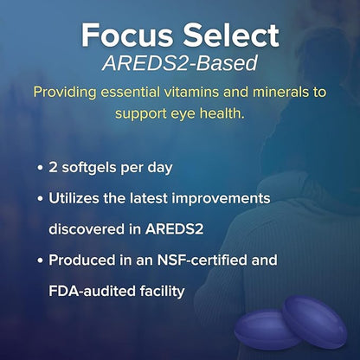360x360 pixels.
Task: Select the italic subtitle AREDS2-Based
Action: click(180, 63)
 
